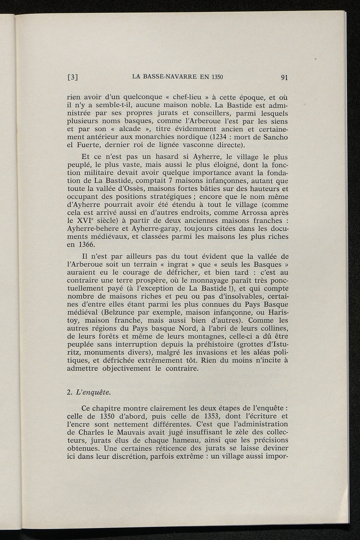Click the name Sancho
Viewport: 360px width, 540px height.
click(x=277, y=137)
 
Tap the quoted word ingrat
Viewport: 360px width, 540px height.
click(x=169, y=264)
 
